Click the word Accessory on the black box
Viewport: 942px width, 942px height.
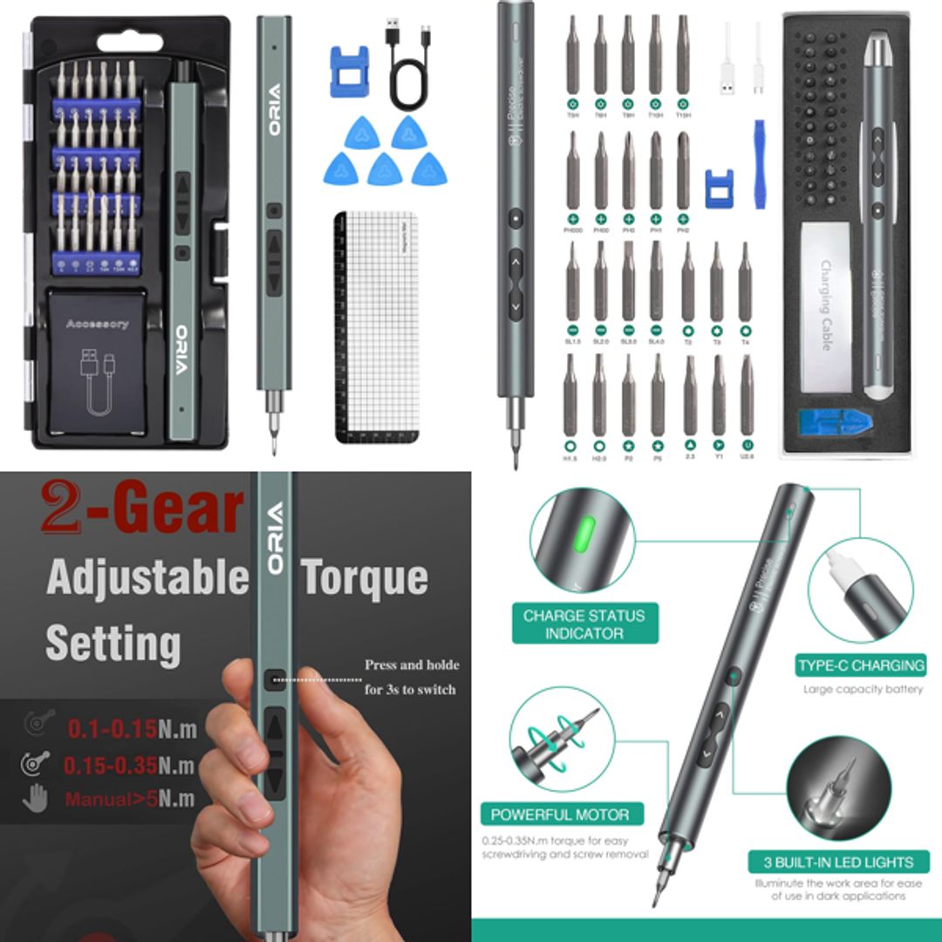(97, 324)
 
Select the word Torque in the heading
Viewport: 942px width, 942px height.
(364, 577)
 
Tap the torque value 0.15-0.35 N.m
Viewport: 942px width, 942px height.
(128, 766)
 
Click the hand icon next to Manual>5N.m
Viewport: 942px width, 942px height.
(35, 799)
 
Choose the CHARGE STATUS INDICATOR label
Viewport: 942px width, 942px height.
(584, 625)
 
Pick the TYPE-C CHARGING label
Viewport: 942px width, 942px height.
(860, 666)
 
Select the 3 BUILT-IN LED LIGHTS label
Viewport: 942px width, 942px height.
(838, 863)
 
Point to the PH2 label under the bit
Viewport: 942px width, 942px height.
(682, 230)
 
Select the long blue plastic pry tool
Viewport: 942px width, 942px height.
(759, 164)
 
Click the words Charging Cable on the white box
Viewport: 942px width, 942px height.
(825, 305)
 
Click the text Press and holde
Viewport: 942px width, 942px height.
(412, 665)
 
